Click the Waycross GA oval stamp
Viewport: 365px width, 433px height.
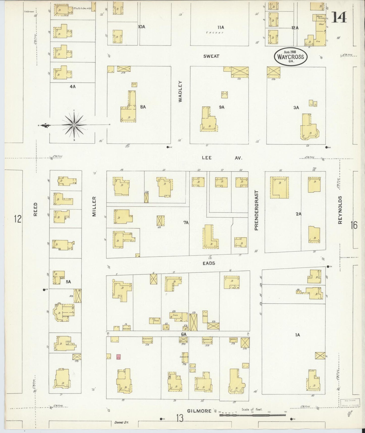[291, 56]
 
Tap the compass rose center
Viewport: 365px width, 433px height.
[74, 125]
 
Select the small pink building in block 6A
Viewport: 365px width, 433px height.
[118, 357]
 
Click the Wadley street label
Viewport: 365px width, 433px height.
[180, 91]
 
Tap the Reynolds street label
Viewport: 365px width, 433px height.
[340, 210]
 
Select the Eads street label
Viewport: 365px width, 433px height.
[209, 263]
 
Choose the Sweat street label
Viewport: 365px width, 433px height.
[211, 56]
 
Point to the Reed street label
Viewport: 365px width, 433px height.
[35, 209]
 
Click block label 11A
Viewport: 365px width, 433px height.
[221, 27]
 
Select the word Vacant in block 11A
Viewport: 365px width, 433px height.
[214, 33]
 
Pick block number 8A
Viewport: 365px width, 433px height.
[143, 107]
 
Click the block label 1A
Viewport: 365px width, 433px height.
[297, 335]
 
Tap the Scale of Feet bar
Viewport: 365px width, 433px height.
[253, 415]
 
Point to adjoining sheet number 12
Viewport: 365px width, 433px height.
[18, 219]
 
